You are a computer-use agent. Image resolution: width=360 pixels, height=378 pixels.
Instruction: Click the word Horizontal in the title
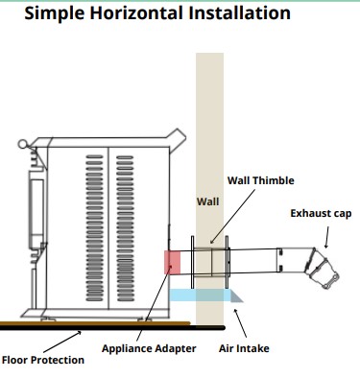pos(136,13)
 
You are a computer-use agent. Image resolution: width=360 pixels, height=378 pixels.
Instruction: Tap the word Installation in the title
pos(240,13)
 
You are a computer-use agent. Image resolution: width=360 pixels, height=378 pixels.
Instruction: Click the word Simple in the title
pos(55,14)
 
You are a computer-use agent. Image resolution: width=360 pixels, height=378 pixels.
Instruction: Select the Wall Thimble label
pos(261,180)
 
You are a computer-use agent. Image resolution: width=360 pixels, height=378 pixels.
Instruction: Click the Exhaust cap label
pos(321,213)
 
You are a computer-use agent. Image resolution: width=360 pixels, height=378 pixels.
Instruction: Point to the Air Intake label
pos(244,348)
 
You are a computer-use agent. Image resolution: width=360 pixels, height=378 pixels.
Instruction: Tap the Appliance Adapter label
pos(149,348)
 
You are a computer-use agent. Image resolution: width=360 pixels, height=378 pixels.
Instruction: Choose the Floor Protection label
pos(43,360)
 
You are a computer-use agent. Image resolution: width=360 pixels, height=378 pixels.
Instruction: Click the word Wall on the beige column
pos(208,201)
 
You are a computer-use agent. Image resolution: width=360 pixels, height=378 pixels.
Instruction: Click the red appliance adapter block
pos(172,263)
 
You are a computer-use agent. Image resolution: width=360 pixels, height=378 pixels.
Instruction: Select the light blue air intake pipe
pos(200,295)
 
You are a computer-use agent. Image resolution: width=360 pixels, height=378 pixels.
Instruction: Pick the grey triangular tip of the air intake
pos(236,296)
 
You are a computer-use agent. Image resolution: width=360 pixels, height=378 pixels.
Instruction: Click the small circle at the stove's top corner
pos(22,144)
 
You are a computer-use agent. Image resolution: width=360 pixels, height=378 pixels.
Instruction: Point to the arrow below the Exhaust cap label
pos(326,237)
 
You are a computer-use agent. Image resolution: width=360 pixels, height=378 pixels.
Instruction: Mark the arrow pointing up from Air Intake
pos(240,323)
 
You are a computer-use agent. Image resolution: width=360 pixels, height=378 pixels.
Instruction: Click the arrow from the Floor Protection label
pos(61,342)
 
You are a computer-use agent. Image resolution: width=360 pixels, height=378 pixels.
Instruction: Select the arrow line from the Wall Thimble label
pos(232,217)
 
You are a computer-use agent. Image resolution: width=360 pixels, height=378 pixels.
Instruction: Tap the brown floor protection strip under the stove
pos(95,323)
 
